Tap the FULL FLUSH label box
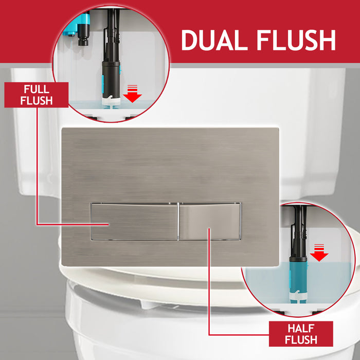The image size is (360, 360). click(x=37, y=95)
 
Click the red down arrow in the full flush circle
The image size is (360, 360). click(x=134, y=94)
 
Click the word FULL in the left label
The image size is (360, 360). click(x=37, y=88)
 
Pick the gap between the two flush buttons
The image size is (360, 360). click(x=178, y=221)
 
